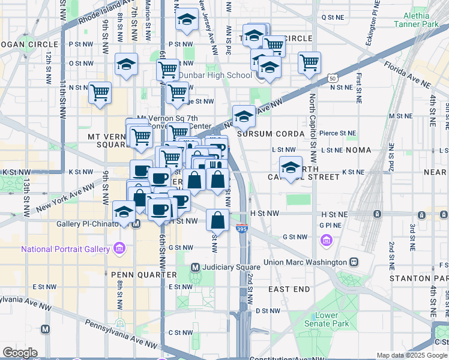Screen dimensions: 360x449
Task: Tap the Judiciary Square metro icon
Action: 195,266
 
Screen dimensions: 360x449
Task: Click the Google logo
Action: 20,353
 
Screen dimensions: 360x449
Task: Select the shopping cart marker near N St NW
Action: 100,93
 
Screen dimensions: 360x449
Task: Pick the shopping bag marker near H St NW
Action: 217,220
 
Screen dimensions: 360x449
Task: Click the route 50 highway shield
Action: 332,78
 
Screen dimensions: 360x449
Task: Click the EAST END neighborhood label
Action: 289,289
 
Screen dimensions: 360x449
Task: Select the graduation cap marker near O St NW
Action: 126,65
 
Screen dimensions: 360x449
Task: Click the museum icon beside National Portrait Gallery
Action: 119,248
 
